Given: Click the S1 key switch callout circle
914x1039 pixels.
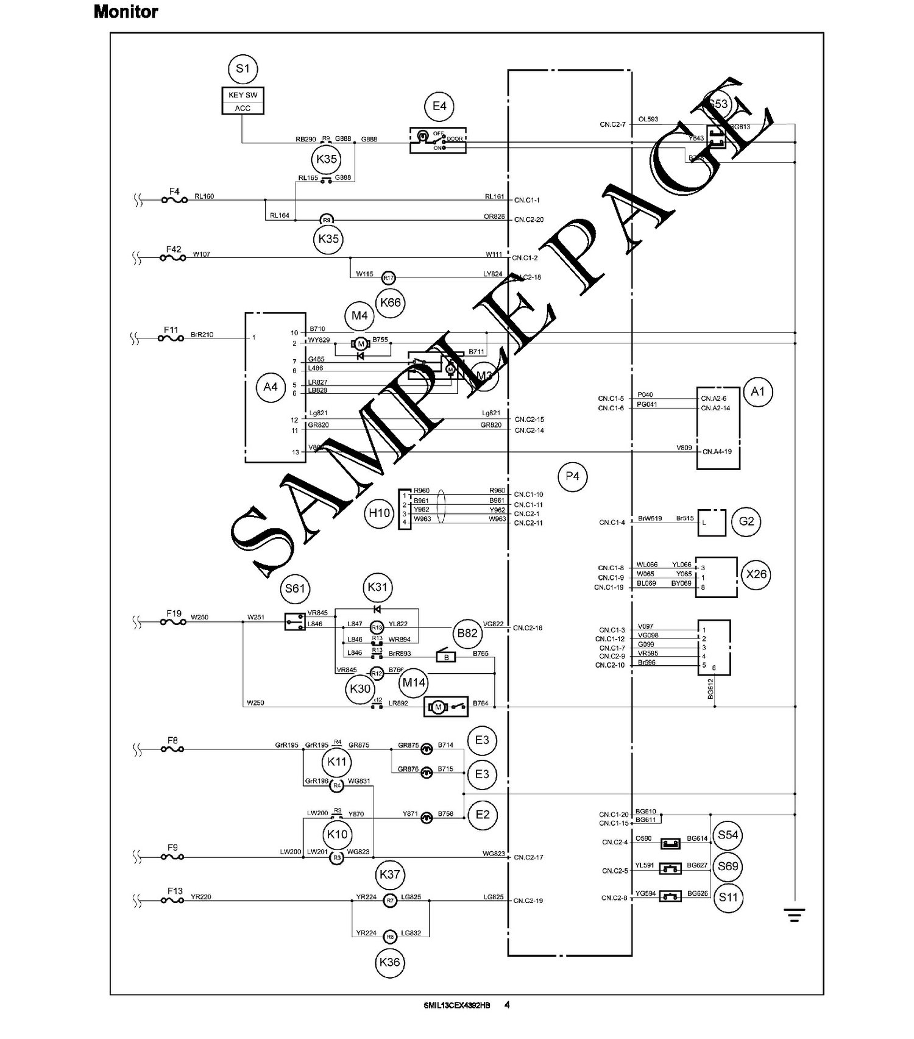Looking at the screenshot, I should pos(243,69).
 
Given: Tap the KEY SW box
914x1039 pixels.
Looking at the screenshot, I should pos(243,95).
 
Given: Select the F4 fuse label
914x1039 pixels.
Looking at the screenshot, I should pos(174,191).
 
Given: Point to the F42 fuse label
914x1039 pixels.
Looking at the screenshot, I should pos(174,249).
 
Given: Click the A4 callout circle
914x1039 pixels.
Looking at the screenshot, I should pos(271,387).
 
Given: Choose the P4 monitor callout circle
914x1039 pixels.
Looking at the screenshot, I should pos(572,476).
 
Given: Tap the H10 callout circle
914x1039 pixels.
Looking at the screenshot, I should pos(380,513).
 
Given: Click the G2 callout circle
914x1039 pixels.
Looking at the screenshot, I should pos(746,521).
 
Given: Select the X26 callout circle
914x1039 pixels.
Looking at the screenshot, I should pos(756,574).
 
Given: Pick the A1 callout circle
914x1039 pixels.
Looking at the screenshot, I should pos(757,391).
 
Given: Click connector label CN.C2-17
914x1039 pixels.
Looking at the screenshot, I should pos(528,857).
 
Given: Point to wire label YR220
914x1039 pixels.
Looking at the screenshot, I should pos(201,897).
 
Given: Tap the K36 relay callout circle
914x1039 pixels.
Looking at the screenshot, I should pos(389,962).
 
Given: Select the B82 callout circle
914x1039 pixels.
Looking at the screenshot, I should pos(467,633).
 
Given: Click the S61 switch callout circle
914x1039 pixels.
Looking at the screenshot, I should pos(295,588).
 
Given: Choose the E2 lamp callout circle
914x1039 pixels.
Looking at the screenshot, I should pos(482,815).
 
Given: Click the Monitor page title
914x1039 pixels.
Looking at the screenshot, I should pos(126,12).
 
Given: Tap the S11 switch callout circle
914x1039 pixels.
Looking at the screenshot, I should pos(728,897).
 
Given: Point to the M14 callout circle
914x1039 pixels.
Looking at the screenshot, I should pos(414,682).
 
